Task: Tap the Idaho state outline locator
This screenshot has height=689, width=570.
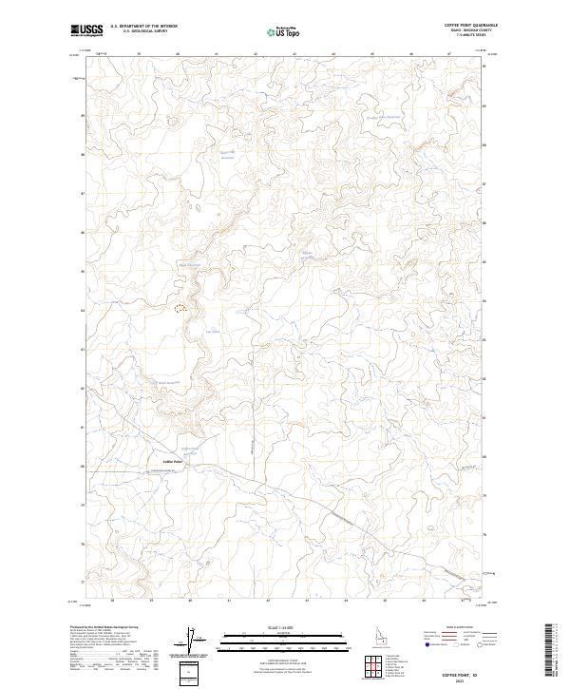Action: click(x=382, y=633)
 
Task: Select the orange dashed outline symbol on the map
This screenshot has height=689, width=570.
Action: click(x=180, y=308)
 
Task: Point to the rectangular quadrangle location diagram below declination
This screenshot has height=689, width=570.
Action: click(x=190, y=673)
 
